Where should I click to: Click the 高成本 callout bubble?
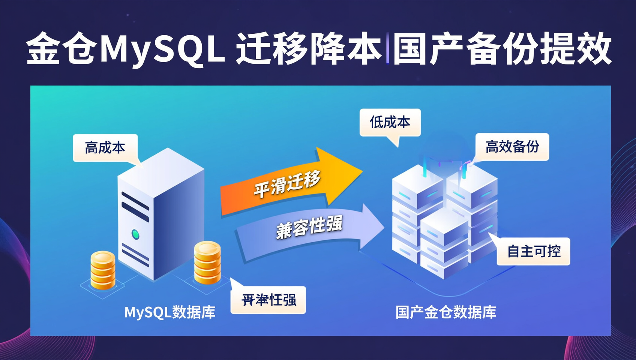pyautogui.click(x=105, y=148)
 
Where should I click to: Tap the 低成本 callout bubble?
pyautogui.click(x=390, y=122)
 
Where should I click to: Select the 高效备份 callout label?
pyautogui.click(x=512, y=147)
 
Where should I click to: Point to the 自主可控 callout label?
pyautogui.click(x=534, y=251)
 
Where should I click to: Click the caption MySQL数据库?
pyautogui.click(x=170, y=312)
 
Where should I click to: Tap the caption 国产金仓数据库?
pyautogui.click(x=446, y=312)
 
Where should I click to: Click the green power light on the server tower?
pyautogui.click(x=135, y=235)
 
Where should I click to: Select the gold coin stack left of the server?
pyautogui.click(x=103, y=270)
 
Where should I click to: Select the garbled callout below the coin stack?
pyautogui.click(x=268, y=300)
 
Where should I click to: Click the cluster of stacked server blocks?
pyautogui.click(x=444, y=221)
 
